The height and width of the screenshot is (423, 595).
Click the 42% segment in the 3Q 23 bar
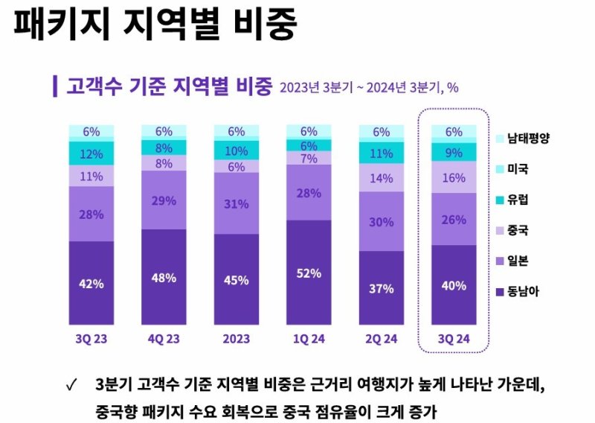point(91,282)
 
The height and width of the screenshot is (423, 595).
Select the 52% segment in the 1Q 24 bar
point(309,273)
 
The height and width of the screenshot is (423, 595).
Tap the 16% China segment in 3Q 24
point(454,179)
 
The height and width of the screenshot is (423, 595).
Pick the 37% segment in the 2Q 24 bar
point(382,288)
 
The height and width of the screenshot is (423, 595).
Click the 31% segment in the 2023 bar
point(237,203)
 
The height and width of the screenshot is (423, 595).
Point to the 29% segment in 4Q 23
point(164,200)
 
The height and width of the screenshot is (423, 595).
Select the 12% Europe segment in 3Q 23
point(91,154)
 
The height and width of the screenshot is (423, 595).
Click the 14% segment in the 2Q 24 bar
point(382,178)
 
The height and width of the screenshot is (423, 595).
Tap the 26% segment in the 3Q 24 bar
point(454,220)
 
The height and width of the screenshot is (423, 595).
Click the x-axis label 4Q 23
point(164,338)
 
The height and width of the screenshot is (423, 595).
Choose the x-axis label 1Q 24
point(309,338)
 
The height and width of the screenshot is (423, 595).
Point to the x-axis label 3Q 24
point(454,338)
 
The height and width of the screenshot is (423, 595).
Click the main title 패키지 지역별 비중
point(155,25)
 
